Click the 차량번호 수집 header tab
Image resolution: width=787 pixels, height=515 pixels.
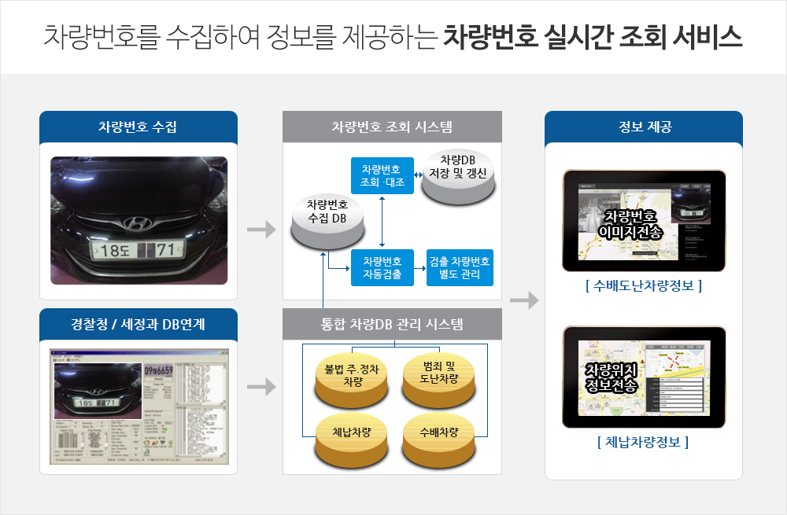pyautogui.click(x=138, y=127)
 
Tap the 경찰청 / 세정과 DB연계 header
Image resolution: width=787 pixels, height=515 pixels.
pyautogui.click(x=138, y=324)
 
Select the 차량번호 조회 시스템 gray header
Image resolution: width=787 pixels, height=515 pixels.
pyautogui.click(x=392, y=127)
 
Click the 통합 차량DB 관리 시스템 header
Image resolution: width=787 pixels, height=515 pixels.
pyautogui.click(x=392, y=324)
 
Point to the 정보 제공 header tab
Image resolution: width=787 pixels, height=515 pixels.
pyautogui.click(x=644, y=127)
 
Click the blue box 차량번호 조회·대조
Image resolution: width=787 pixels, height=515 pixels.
pyautogui.click(x=382, y=177)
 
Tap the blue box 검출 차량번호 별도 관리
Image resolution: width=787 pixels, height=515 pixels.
pyautogui.click(x=460, y=267)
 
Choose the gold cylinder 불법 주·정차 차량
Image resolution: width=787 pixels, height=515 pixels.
pyautogui.click(x=353, y=377)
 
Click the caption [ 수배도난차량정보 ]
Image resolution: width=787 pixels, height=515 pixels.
pyautogui.click(x=644, y=285)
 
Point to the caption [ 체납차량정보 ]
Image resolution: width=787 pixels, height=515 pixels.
pyautogui.click(x=644, y=442)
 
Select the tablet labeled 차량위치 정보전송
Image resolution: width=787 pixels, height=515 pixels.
pyautogui.click(x=644, y=377)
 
